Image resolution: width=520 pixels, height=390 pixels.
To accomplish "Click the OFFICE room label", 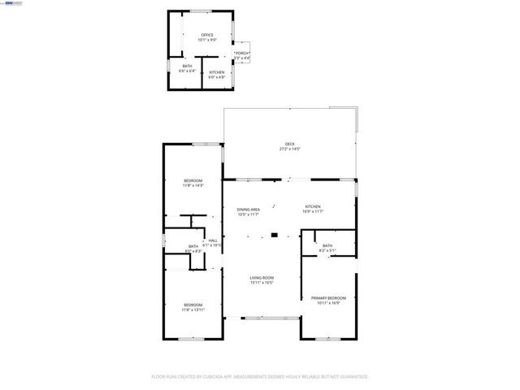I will pyautogui.click(x=207, y=35).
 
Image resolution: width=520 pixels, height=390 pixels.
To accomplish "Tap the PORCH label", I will pyautogui.click(x=242, y=52).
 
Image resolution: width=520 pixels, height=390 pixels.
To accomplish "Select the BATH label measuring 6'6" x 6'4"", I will pyautogui.click(x=187, y=66).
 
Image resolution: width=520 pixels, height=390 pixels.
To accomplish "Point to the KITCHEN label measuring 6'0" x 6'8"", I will pyautogui.click(x=217, y=72).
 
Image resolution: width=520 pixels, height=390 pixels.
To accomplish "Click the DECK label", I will pyautogui.click(x=290, y=144).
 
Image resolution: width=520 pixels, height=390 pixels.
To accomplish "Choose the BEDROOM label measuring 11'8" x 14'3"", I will pyautogui.click(x=193, y=180).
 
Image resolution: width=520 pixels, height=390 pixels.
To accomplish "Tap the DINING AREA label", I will pyautogui.click(x=249, y=209).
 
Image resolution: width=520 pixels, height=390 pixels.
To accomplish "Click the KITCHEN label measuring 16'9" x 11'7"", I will pyautogui.click(x=313, y=206).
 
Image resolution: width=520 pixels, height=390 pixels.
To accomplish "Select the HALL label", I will pyautogui.click(x=213, y=240).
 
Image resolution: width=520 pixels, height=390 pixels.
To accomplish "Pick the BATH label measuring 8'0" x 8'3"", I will pyautogui.click(x=193, y=246).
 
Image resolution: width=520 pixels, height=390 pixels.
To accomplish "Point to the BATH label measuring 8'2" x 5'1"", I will pyautogui.click(x=327, y=245).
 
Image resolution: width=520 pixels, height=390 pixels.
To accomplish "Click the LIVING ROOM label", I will pyautogui.click(x=262, y=278).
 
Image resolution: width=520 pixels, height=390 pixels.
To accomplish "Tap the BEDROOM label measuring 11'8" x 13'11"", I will pyautogui.click(x=193, y=305).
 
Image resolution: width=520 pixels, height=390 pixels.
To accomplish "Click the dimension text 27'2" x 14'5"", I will pyautogui.click(x=290, y=149).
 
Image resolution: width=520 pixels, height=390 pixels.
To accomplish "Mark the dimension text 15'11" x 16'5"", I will pyautogui.click(x=262, y=283).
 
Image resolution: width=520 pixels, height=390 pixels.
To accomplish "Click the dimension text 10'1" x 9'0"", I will pyautogui.click(x=207, y=40).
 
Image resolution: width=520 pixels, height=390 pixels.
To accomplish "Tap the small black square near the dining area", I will pyautogui.click(x=275, y=236).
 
